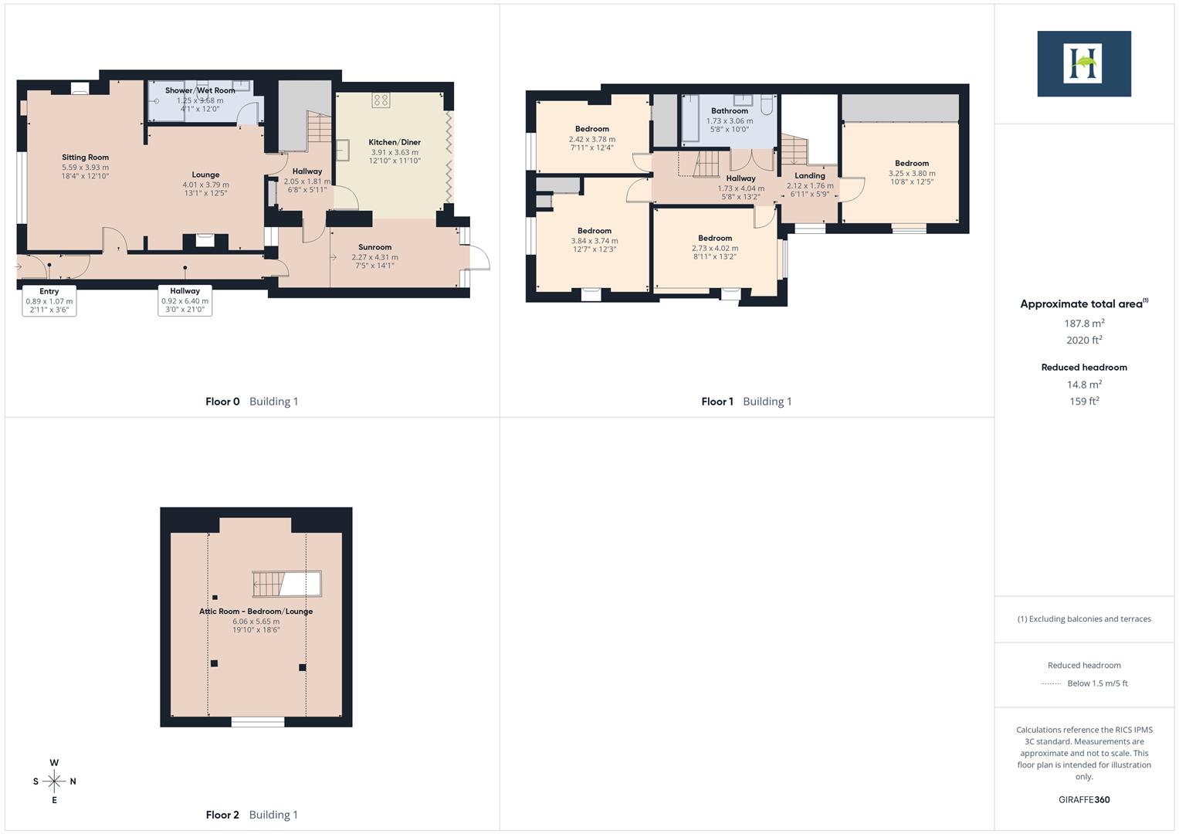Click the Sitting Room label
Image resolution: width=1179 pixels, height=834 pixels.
[x=85, y=158]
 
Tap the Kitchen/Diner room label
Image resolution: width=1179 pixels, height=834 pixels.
[x=395, y=142]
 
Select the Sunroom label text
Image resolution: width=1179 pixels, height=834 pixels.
[x=374, y=248]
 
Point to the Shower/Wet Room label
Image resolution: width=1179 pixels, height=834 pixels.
[x=200, y=91]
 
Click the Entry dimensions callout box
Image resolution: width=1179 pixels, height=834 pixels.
[x=49, y=300]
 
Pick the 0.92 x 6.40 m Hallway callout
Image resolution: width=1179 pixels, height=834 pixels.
[x=185, y=300]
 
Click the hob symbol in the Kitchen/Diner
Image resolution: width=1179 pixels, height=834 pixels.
[x=381, y=100]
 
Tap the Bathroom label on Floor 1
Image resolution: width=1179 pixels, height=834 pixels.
[x=730, y=111]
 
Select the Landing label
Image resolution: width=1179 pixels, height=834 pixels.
[x=809, y=176]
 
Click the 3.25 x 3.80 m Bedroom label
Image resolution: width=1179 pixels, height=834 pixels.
[x=912, y=164]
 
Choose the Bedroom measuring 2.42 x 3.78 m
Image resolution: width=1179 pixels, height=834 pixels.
[x=592, y=129]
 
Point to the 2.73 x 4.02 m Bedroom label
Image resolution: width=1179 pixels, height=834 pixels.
[x=715, y=239]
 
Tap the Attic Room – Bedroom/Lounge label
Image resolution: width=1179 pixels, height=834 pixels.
[x=256, y=612]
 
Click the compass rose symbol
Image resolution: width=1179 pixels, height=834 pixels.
[x=54, y=781]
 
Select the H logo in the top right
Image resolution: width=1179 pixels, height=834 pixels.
[x=1083, y=63]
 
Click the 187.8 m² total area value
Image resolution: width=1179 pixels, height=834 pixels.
[x=1084, y=324]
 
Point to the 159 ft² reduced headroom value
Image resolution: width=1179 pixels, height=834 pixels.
[x=1084, y=402]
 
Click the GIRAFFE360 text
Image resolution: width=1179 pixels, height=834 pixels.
[x=1084, y=800]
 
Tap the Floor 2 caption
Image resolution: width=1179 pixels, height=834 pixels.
[x=222, y=815]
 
